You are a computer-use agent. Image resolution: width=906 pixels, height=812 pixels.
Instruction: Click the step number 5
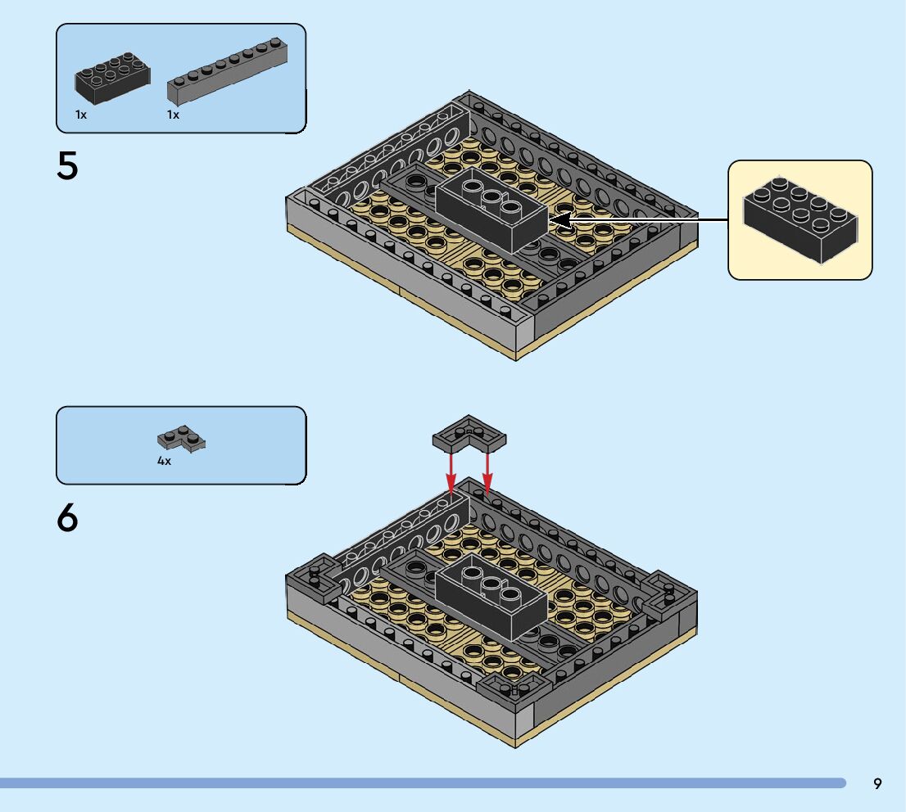[67, 167]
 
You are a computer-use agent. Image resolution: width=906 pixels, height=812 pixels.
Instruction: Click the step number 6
[67, 517]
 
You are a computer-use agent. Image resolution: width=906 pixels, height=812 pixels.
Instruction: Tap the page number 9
[877, 784]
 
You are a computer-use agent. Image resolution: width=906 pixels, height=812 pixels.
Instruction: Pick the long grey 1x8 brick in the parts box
[228, 73]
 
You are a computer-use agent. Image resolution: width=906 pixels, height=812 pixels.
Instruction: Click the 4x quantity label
[164, 462]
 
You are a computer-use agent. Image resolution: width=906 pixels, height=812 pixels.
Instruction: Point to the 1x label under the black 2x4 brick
[81, 115]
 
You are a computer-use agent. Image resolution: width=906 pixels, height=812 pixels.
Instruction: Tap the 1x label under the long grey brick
[173, 115]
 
